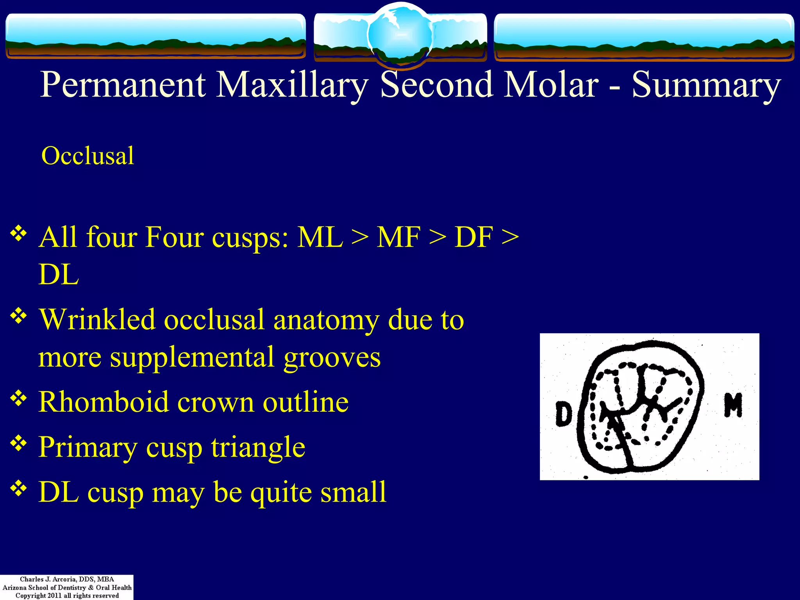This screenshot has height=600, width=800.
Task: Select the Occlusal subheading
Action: tap(88, 156)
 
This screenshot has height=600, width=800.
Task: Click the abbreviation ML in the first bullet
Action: tap(320, 237)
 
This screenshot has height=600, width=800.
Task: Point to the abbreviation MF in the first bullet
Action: tap(398, 237)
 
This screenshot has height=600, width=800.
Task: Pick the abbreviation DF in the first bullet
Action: tap(473, 237)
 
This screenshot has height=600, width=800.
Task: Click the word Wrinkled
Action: tap(97, 320)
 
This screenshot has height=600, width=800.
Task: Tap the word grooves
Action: tap(332, 358)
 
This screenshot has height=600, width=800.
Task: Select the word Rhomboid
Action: tap(104, 402)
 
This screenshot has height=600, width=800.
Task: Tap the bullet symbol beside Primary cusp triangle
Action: tap(18, 443)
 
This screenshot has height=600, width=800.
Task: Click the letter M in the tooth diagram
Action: tap(733, 405)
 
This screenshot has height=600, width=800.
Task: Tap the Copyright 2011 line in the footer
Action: tap(67, 595)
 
